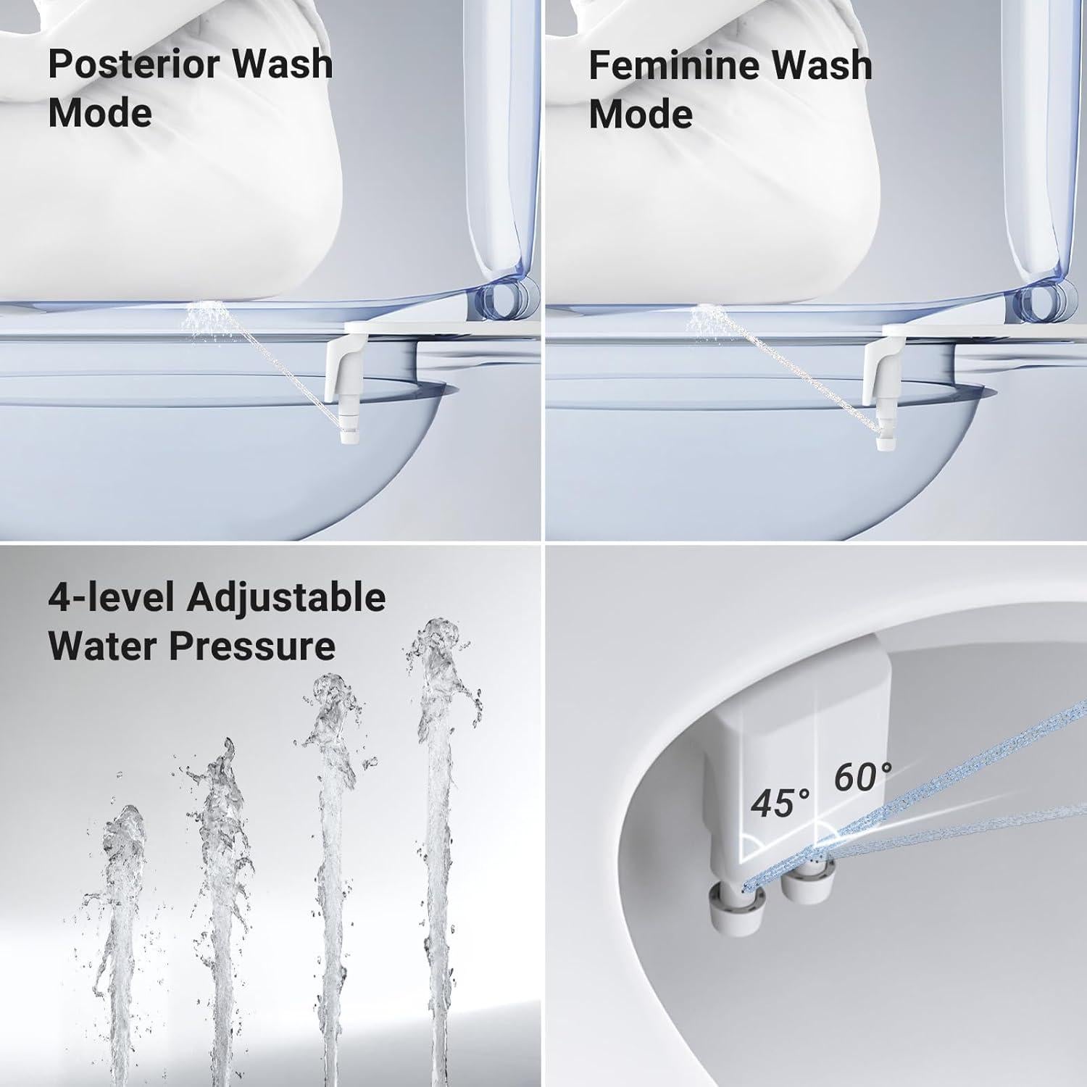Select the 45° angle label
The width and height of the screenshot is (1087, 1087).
pos(780,804)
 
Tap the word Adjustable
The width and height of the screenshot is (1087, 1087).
pos(286,599)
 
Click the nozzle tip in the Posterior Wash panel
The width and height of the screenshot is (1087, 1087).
pos(346,435)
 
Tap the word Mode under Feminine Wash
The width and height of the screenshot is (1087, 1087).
pos(641,114)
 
